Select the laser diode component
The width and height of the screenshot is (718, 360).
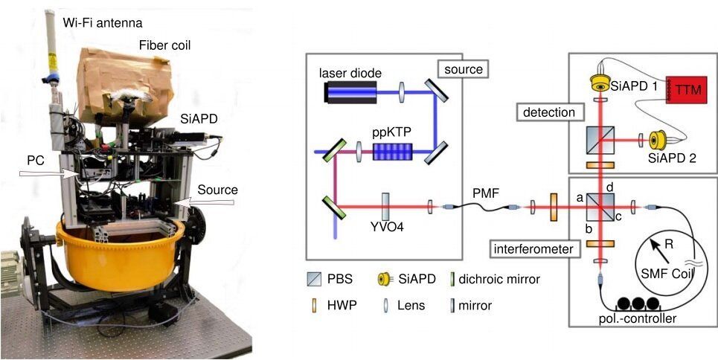pos(350,91)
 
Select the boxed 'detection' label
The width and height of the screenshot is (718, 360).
pos(549,112)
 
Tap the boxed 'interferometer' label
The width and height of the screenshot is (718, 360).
pos(536,248)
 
